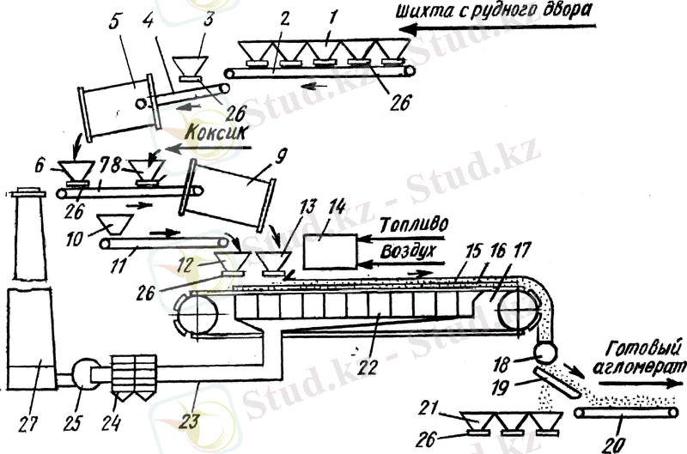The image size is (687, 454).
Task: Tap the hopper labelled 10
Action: (112, 225)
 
